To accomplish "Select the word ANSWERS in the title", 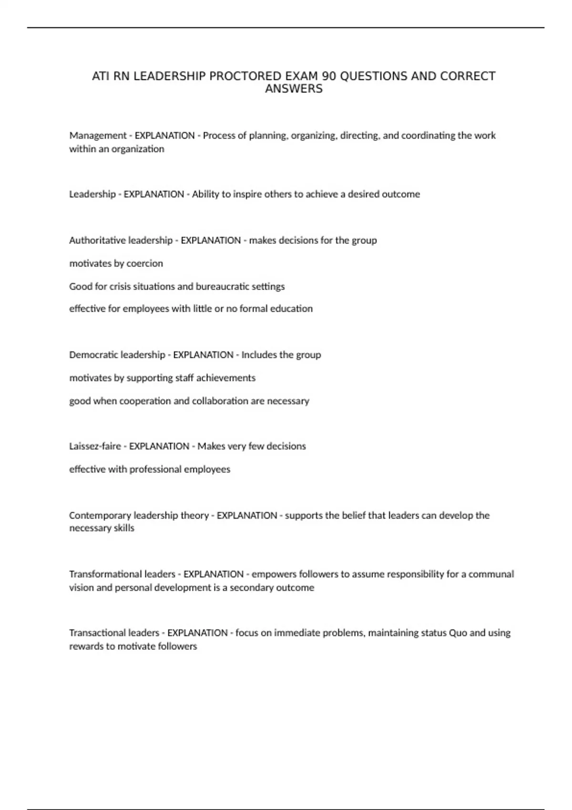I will coord(294,89).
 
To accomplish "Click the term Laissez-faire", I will coord(95,446).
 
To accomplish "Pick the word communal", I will coord(491,574).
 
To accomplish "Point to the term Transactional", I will coord(98,633).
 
